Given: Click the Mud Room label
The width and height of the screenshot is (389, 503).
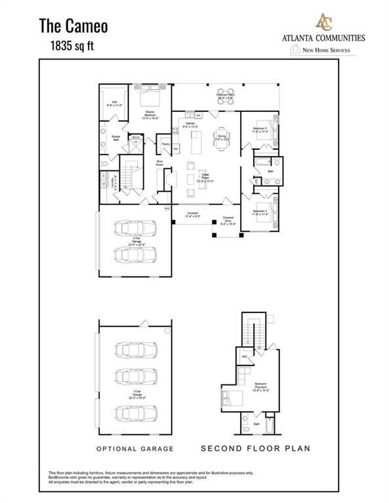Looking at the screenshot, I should pyautogui.click(x=159, y=164).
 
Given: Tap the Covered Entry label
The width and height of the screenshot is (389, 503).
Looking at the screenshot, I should pyautogui.click(x=228, y=219).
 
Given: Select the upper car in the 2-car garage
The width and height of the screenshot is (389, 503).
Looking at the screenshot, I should pyautogui.click(x=136, y=227).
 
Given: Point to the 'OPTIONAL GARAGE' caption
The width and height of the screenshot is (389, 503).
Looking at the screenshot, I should pyautogui.click(x=135, y=449).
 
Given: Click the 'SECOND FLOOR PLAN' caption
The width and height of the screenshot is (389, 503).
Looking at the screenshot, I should pyautogui.click(x=255, y=449).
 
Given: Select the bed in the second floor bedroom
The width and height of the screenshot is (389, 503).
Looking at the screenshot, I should pyautogui.click(x=232, y=397).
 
